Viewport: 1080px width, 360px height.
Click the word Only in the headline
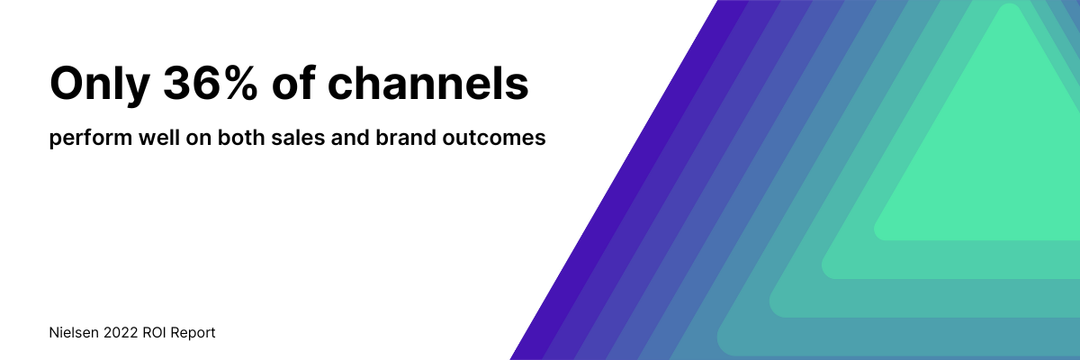[100, 85]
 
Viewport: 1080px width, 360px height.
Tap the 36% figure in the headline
[211, 83]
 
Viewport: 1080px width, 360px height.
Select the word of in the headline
[293, 83]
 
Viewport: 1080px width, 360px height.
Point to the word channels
[428, 83]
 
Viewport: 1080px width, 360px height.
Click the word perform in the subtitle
[91, 139]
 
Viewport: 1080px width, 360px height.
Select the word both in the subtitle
[241, 138]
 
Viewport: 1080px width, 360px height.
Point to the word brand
[406, 138]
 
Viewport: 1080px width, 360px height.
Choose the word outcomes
[494, 139]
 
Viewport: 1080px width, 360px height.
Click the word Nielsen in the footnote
[74, 332]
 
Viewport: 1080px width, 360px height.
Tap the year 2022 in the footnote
[121, 332]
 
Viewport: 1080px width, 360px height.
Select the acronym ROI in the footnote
[154, 332]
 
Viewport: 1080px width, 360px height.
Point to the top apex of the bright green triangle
[1009, 4]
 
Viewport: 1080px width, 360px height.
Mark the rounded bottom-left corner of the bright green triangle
[877, 235]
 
